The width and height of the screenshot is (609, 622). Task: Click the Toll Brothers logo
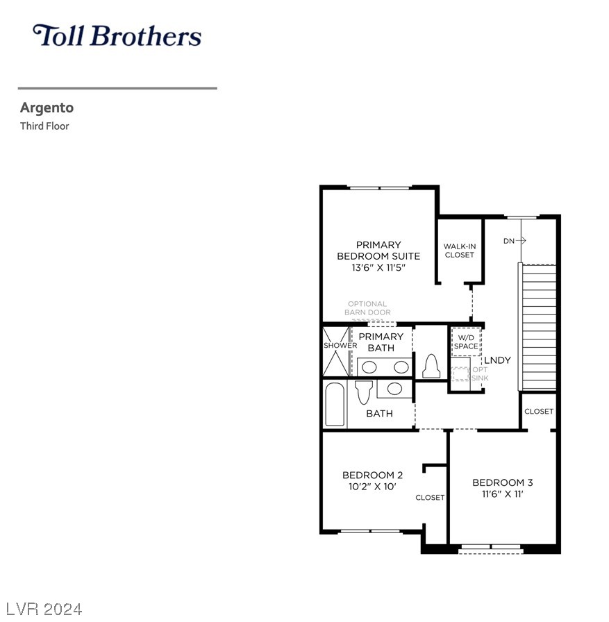[x=117, y=35]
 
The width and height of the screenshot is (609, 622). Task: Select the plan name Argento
[x=47, y=108]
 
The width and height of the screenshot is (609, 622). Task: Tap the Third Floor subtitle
[x=44, y=126]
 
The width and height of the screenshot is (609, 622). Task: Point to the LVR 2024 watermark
[x=44, y=610]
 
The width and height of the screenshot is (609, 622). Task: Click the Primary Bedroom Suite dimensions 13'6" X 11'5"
[x=378, y=268]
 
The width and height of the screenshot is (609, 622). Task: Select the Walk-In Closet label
[x=460, y=251]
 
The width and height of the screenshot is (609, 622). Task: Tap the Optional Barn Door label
[x=367, y=308]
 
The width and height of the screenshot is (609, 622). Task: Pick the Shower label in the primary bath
[x=340, y=346]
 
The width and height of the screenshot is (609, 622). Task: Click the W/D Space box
[x=466, y=342]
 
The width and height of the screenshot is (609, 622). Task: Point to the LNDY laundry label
[x=497, y=360]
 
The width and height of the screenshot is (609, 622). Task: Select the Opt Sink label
[x=480, y=373]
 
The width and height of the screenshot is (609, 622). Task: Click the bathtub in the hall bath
[x=335, y=404]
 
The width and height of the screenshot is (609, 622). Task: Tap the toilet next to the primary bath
[x=431, y=366]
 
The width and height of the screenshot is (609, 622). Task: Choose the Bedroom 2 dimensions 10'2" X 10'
[x=372, y=487]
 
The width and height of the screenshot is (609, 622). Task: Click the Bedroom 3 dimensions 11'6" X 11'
[x=503, y=494]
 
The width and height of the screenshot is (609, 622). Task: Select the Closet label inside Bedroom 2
[x=430, y=498]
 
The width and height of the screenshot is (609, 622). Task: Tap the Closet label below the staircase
[x=539, y=412]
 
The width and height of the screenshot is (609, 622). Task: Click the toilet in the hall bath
[x=364, y=392]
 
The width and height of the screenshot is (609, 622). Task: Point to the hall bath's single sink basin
[x=394, y=388]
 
